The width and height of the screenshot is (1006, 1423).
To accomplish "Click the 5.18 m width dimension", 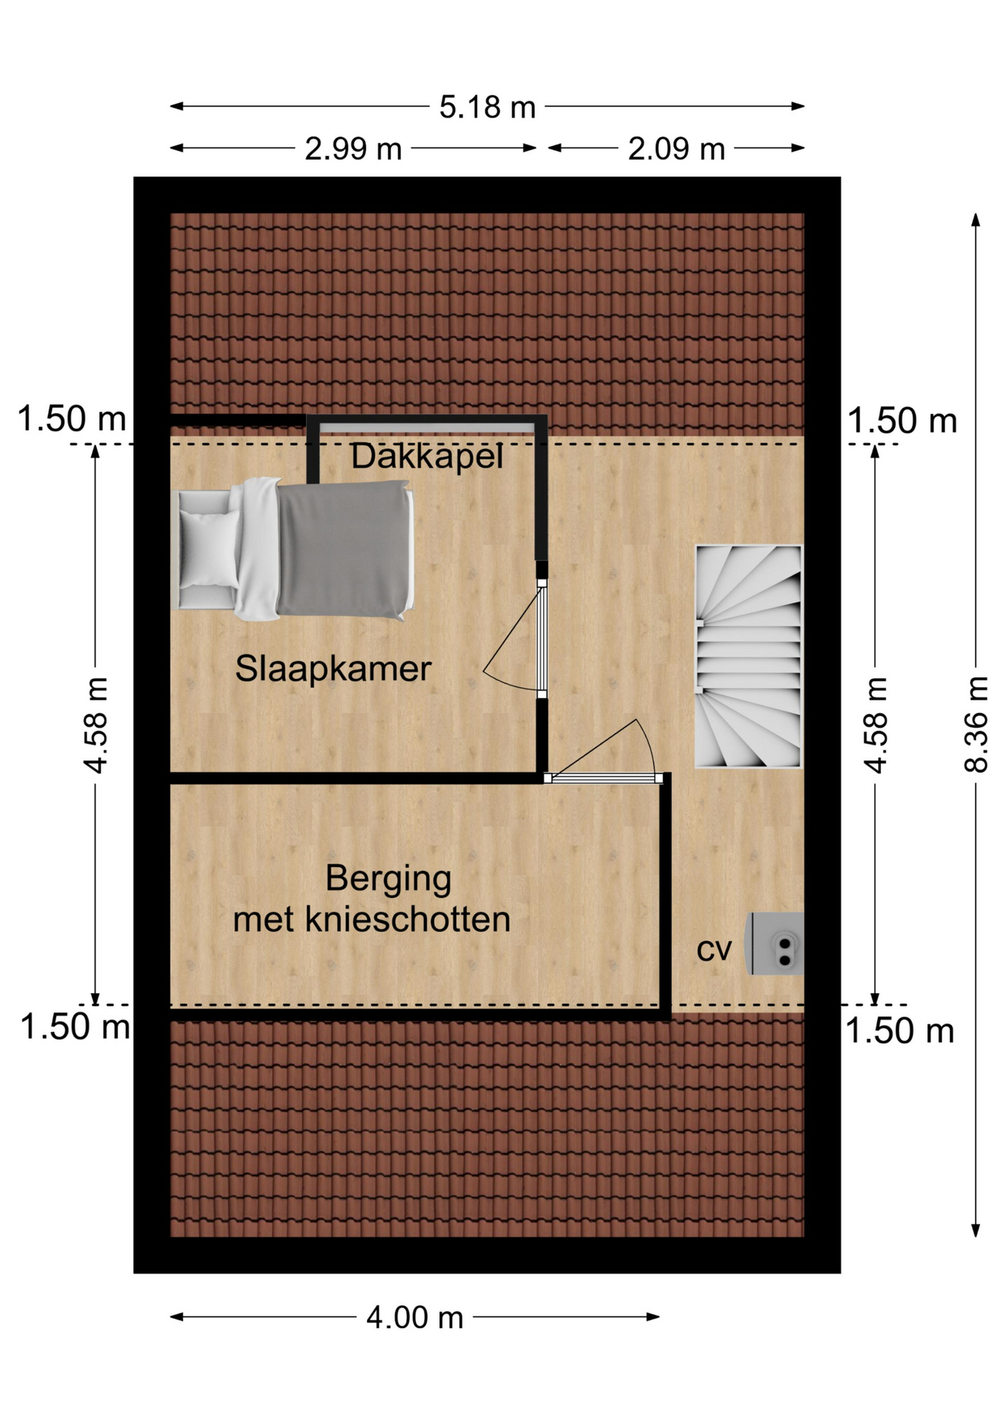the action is tap(487, 107).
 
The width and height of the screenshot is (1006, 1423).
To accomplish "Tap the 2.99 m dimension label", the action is tap(353, 149).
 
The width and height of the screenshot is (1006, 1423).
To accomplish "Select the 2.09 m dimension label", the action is tap(676, 149).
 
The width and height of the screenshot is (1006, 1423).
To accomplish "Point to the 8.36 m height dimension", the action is tap(976, 725).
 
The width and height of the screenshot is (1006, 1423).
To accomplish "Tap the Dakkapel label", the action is tap(427, 456).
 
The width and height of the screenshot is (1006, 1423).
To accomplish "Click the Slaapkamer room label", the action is tap(333, 669).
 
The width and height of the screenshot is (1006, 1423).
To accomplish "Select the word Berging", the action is tap(388, 879).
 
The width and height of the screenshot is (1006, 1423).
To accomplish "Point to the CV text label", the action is tap(713, 949).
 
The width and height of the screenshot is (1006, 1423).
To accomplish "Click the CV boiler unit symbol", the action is tap(775, 943).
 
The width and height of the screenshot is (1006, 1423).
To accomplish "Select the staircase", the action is tap(748, 656).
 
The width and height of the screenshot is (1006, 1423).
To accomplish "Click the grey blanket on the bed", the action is tap(344, 549).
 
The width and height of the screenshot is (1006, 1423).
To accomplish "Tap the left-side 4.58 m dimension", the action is tap(96, 725).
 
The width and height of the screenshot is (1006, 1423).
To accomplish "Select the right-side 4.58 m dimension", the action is tap(876, 725).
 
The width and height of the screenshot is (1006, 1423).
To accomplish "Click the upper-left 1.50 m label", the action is tap(71, 419).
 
